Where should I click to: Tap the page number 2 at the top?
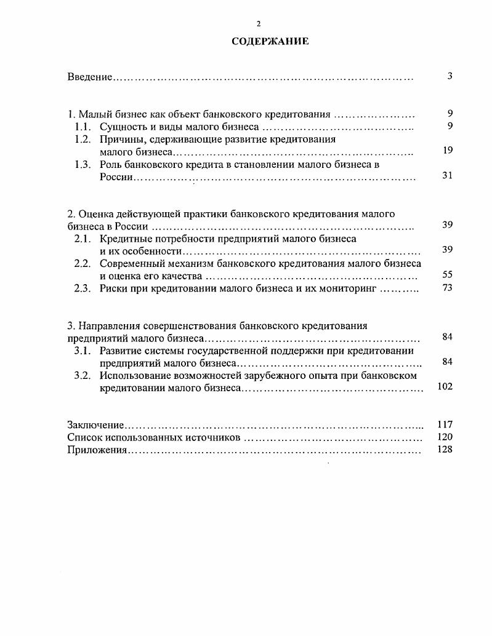(x=259, y=23)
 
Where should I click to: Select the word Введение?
(x=89, y=77)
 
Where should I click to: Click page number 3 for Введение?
(x=450, y=76)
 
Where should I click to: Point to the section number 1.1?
(x=83, y=127)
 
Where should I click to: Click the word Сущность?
(x=123, y=127)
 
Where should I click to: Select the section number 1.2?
(x=83, y=140)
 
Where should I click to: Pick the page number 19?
(x=448, y=151)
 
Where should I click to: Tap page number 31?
(x=448, y=176)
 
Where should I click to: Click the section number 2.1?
(x=83, y=238)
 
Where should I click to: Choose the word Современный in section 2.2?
(x=132, y=263)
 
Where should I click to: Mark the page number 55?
(x=448, y=275)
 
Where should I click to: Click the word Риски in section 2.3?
(x=114, y=288)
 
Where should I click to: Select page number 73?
(x=448, y=288)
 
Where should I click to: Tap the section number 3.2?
(x=83, y=375)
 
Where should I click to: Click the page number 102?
(x=445, y=387)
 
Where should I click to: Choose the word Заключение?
(x=95, y=425)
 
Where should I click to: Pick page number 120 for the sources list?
(x=445, y=437)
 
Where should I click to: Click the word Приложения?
(x=97, y=450)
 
